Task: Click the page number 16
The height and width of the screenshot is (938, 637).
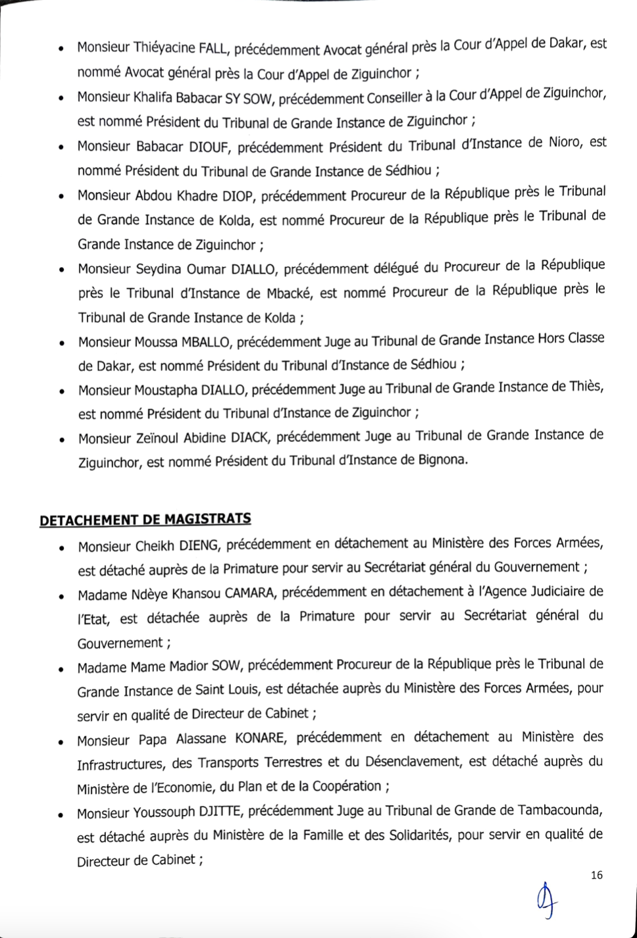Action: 597,875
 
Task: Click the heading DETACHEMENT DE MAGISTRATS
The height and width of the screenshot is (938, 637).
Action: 145,520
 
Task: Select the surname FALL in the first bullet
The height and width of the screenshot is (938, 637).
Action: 213,49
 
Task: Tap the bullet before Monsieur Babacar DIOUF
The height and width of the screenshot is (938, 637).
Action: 60,148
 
